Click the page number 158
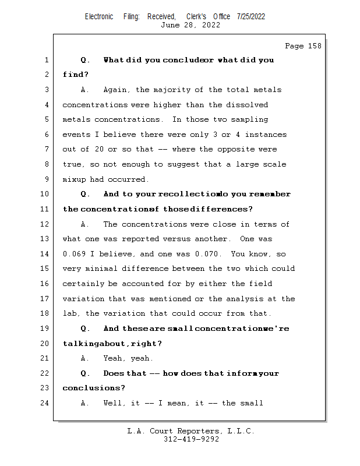coord(313,46)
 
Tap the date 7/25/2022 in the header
coord(251,16)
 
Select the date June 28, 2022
coord(190,25)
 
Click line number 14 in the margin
coord(46,254)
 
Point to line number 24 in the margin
coord(46,403)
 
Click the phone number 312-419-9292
coord(190,439)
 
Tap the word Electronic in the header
coord(99,16)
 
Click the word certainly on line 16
coord(83,284)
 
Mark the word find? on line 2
coord(76,75)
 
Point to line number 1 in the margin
coord(46,60)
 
